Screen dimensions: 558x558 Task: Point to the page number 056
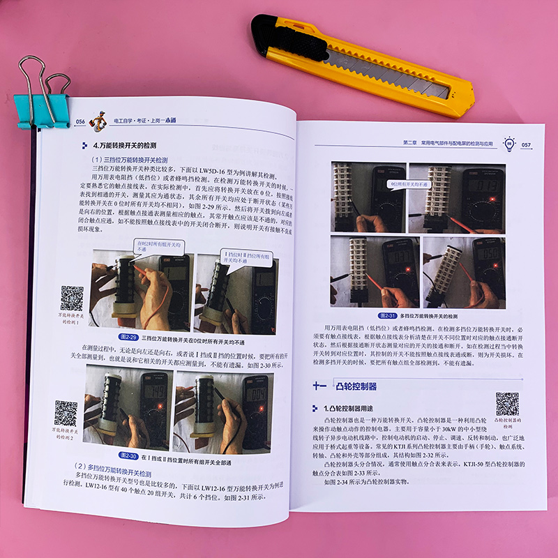80,121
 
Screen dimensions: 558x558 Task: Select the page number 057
526,145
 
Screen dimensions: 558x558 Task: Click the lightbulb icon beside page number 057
510,144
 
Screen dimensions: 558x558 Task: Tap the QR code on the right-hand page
507,404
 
